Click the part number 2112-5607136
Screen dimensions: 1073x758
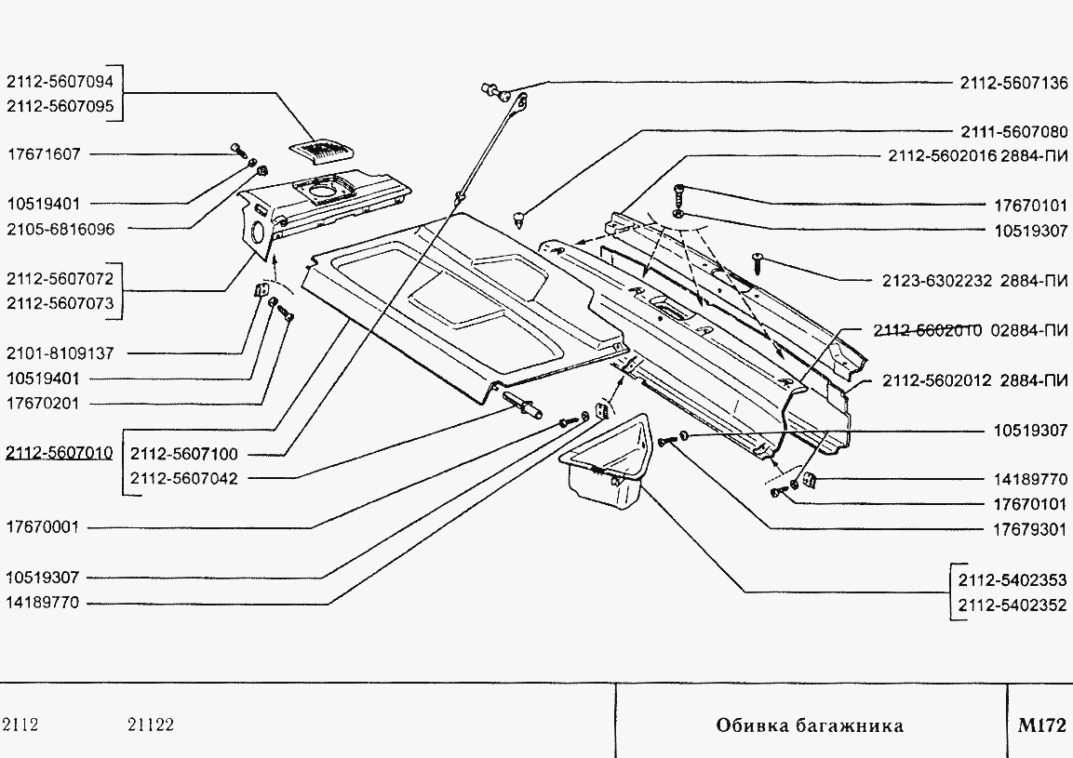(1013, 83)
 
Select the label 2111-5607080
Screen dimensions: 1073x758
(1013, 131)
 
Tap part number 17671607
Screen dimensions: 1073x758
(44, 154)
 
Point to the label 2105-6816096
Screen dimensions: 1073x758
(60, 229)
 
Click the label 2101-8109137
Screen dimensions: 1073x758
(60, 353)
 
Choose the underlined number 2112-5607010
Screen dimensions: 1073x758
(60, 453)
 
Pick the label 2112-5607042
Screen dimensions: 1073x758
(184, 479)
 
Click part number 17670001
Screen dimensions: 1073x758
(43, 527)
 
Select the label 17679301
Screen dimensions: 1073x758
(1030, 529)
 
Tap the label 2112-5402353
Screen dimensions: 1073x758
(1013, 580)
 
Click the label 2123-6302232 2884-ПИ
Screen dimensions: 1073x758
(974, 281)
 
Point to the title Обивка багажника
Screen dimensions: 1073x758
(810, 725)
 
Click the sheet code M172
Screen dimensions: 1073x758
(1041, 725)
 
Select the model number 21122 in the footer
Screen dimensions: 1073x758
(151, 725)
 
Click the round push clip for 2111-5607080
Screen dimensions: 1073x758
(519, 219)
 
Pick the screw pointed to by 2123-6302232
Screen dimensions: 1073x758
(758, 259)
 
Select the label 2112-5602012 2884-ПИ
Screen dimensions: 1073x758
(974, 380)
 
